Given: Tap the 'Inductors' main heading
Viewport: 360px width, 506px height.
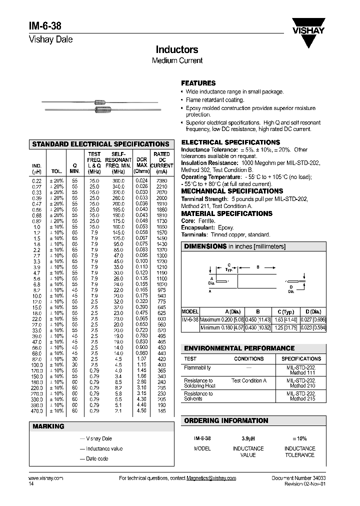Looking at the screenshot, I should coord(177,49).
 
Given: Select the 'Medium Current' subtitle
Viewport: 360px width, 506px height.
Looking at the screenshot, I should coord(177,60).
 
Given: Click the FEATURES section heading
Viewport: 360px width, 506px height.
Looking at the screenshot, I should coord(198,83).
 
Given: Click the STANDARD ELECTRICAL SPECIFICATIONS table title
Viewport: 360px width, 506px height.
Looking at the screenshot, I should coord(100,144).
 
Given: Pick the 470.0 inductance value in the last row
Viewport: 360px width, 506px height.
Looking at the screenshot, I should coord(36,410).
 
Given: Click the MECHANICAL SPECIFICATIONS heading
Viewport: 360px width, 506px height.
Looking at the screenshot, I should coord(232,191).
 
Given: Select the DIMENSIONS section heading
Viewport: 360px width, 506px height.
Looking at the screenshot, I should coord(205,246).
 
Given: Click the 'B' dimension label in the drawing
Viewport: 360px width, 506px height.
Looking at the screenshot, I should coord(258,267).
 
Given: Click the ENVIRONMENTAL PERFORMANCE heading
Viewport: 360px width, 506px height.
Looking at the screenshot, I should coord(239,348).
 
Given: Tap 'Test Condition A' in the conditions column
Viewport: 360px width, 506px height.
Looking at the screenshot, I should coord(248,380).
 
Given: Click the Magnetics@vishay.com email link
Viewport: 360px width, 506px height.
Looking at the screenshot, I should coord(211,478).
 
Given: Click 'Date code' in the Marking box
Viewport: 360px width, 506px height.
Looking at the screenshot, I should coord(97,459).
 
